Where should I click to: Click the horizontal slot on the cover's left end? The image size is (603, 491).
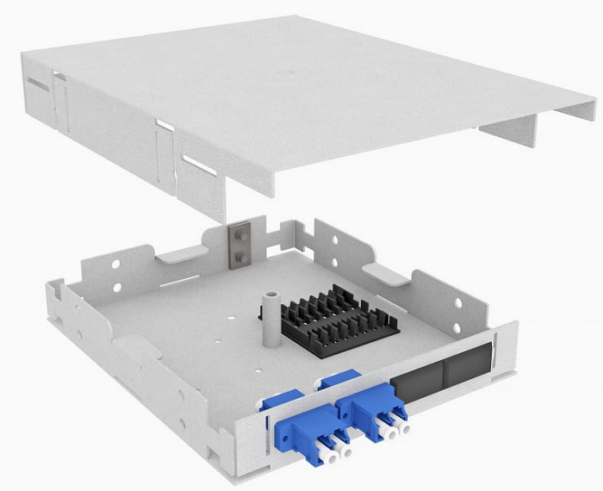[x=37, y=84]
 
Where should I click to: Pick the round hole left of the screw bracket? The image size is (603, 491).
[x=214, y=240]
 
